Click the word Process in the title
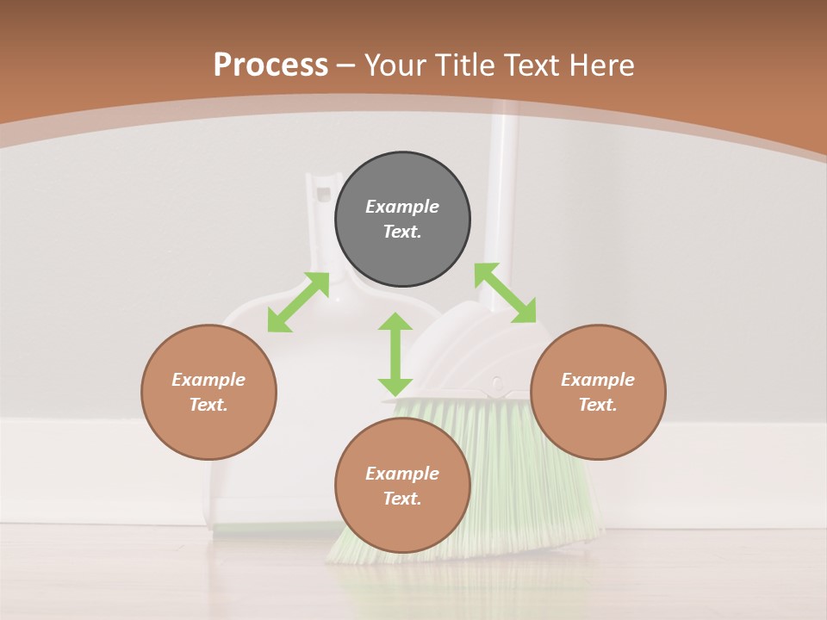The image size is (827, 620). point(270,65)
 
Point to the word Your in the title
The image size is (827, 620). point(393,65)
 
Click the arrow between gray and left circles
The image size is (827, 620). point(298,302)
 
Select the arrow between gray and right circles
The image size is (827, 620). point(505,293)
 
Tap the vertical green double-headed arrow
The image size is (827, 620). point(395,354)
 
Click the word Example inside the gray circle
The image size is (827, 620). point(402,207)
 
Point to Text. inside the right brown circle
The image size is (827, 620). point(598,405)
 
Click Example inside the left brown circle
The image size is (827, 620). point(208,380)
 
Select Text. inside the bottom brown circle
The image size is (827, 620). point(402,499)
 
